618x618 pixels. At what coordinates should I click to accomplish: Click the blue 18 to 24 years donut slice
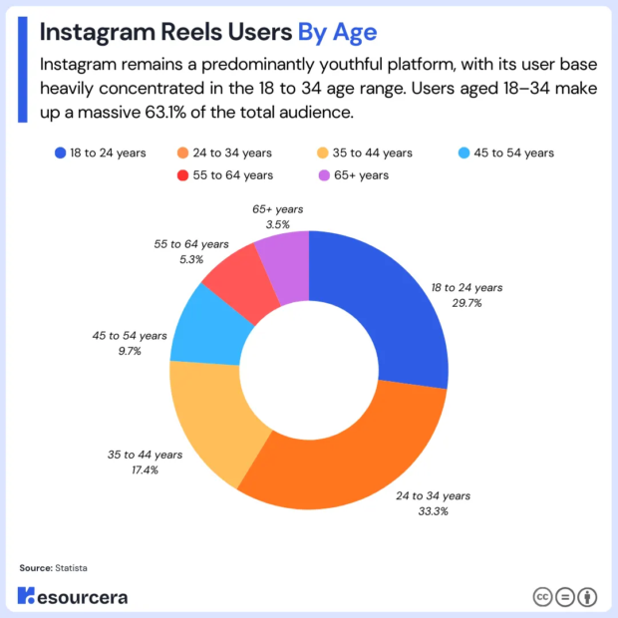pyautogui.click(x=384, y=319)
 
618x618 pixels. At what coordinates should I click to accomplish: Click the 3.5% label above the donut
pyautogui.click(x=276, y=225)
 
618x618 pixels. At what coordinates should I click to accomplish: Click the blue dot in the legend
pyautogui.click(x=61, y=153)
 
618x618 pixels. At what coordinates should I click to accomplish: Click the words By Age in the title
pyautogui.click(x=337, y=32)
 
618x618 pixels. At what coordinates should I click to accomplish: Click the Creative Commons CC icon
pyautogui.click(x=543, y=596)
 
